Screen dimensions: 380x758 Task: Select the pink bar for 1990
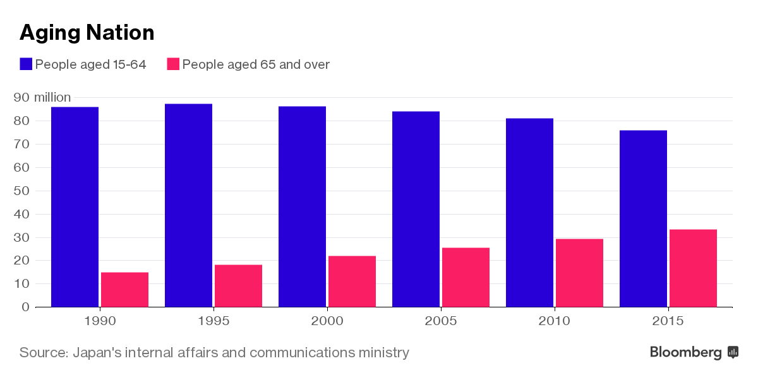click(x=124, y=290)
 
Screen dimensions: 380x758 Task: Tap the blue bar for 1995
click(x=188, y=205)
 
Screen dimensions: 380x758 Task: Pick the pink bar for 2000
click(x=352, y=282)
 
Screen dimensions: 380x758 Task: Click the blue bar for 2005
click(x=416, y=209)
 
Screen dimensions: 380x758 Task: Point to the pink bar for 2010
click(x=579, y=273)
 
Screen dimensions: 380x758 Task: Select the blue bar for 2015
click(x=643, y=218)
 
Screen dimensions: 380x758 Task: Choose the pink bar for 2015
click(x=693, y=268)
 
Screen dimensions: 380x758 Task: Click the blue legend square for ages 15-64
click(x=26, y=64)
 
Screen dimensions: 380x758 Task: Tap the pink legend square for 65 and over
click(x=173, y=64)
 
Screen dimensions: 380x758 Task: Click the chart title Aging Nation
click(x=87, y=32)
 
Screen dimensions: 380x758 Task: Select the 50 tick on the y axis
click(x=22, y=191)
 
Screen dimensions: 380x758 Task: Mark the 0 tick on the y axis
click(x=26, y=307)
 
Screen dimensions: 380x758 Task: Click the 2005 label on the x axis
click(x=441, y=321)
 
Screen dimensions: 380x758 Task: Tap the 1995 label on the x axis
click(x=214, y=321)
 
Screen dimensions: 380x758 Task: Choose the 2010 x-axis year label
click(x=555, y=321)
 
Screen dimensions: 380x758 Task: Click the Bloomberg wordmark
click(x=685, y=352)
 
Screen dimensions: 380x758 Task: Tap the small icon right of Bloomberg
click(x=733, y=352)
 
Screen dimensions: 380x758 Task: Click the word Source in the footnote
click(x=43, y=352)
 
